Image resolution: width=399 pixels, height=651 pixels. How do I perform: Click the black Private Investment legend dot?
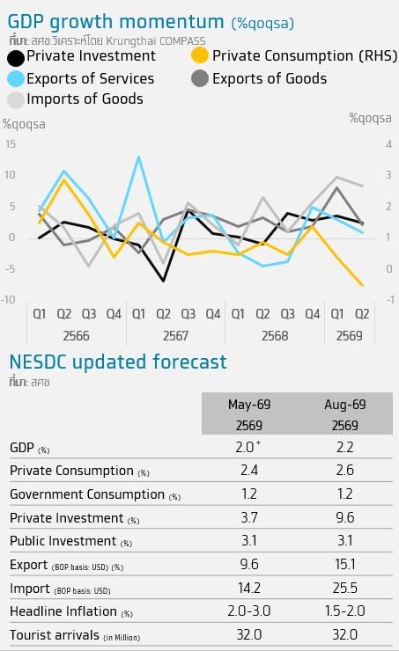click(16, 58)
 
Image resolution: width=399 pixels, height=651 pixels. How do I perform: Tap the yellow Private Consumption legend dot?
click(200, 55)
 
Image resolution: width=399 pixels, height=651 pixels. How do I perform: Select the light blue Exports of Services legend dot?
click(16, 78)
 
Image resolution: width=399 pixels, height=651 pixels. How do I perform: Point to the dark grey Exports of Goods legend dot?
click(200, 78)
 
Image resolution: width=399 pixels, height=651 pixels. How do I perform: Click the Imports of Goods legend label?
click(85, 99)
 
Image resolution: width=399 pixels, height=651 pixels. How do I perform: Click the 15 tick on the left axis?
click(11, 144)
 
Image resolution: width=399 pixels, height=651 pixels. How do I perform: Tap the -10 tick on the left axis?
click(8, 299)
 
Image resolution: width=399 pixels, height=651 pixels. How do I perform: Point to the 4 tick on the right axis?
click(388, 144)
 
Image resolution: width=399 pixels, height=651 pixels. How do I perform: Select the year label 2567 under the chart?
click(175, 335)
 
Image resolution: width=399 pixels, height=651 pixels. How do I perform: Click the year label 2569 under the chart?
click(349, 335)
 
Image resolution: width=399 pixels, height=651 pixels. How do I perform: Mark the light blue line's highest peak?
click(138, 157)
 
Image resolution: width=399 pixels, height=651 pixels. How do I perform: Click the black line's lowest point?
click(163, 281)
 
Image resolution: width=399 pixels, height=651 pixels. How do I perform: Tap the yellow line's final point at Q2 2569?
click(362, 285)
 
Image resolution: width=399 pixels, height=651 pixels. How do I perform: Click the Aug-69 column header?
click(345, 405)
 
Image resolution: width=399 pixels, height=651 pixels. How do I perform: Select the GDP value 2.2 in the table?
click(345, 447)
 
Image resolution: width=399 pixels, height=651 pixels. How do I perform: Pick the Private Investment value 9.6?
click(345, 517)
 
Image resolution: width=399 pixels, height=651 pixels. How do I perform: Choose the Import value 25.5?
click(345, 588)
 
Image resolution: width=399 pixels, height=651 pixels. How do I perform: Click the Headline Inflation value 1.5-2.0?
click(345, 611)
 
